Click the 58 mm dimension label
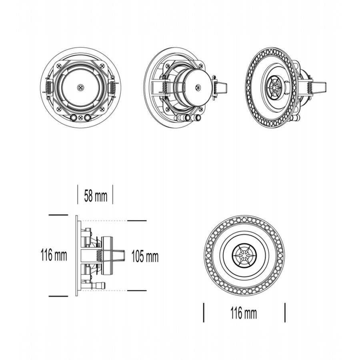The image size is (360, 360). (x=96, y=196)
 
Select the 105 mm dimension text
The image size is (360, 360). (x=145, y=256)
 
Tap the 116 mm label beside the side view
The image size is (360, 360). (x=54, y=255)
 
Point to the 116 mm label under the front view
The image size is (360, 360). (x=244, y=314)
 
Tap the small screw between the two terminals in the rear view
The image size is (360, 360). (x=81, y=118)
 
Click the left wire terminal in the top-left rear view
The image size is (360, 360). (x=74, y=118)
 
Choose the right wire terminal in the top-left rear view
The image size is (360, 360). (x=88, y=118)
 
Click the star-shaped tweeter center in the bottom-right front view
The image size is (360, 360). (x=244, y=255)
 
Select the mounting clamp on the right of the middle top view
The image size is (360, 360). (x=220, y=86)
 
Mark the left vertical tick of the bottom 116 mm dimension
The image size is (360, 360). (x=204, y=312)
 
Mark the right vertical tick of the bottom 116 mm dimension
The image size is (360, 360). (x=285, y=312)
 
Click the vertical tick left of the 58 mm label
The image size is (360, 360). (x=78, y=194)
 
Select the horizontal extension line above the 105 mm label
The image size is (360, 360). (x=136, y=220)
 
